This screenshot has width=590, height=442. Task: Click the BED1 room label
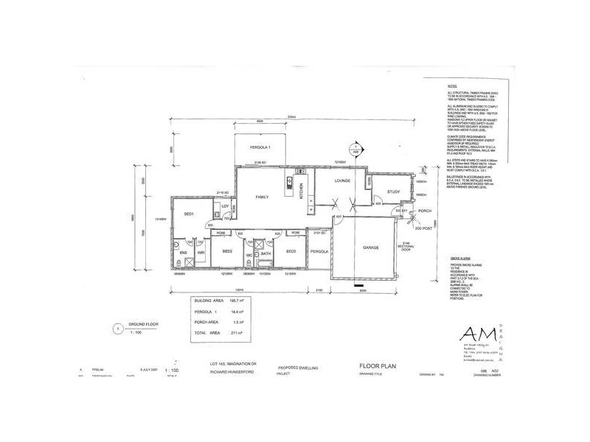[x=188, y=214]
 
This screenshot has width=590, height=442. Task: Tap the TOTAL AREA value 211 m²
[x=237, y=333]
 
